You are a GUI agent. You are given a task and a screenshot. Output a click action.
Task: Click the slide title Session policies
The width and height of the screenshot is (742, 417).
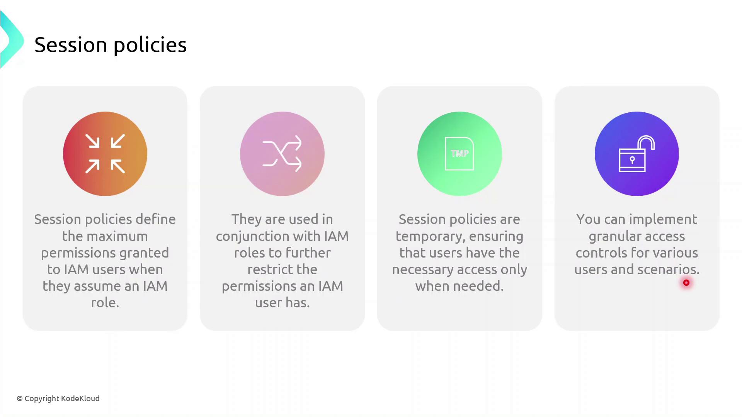(x=111, y=45)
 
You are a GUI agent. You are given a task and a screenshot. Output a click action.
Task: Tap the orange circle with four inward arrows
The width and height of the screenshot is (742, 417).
(x=105, y=154)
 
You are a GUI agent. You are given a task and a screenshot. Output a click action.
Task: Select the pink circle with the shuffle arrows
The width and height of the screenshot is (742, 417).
(x=282, y=154)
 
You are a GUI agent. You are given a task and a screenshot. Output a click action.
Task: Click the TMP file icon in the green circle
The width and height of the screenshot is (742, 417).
(x=459, y=154)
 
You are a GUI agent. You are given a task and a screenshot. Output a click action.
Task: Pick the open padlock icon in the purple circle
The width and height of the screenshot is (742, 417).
(x=636, y=154)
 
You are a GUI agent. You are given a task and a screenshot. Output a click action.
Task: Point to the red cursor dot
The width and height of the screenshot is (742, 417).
(x=686, y=283)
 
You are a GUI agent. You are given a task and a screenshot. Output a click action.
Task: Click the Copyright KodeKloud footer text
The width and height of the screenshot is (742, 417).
(x=58, y=398)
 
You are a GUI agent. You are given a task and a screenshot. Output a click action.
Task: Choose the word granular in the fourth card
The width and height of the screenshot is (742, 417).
(x=614, y=236)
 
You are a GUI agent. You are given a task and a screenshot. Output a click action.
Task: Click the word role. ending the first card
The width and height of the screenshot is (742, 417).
(x=105, y=303)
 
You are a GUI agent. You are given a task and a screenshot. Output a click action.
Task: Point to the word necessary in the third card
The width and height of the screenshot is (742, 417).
(x=423, y=270)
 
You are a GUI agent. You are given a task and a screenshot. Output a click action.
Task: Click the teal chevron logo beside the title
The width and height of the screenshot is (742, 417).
(x=12, y=40)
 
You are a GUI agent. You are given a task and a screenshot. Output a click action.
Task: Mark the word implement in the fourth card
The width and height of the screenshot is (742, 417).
(x=663, y=220)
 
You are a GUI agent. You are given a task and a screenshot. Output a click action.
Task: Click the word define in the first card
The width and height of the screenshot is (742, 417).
(x=156, y=219)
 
